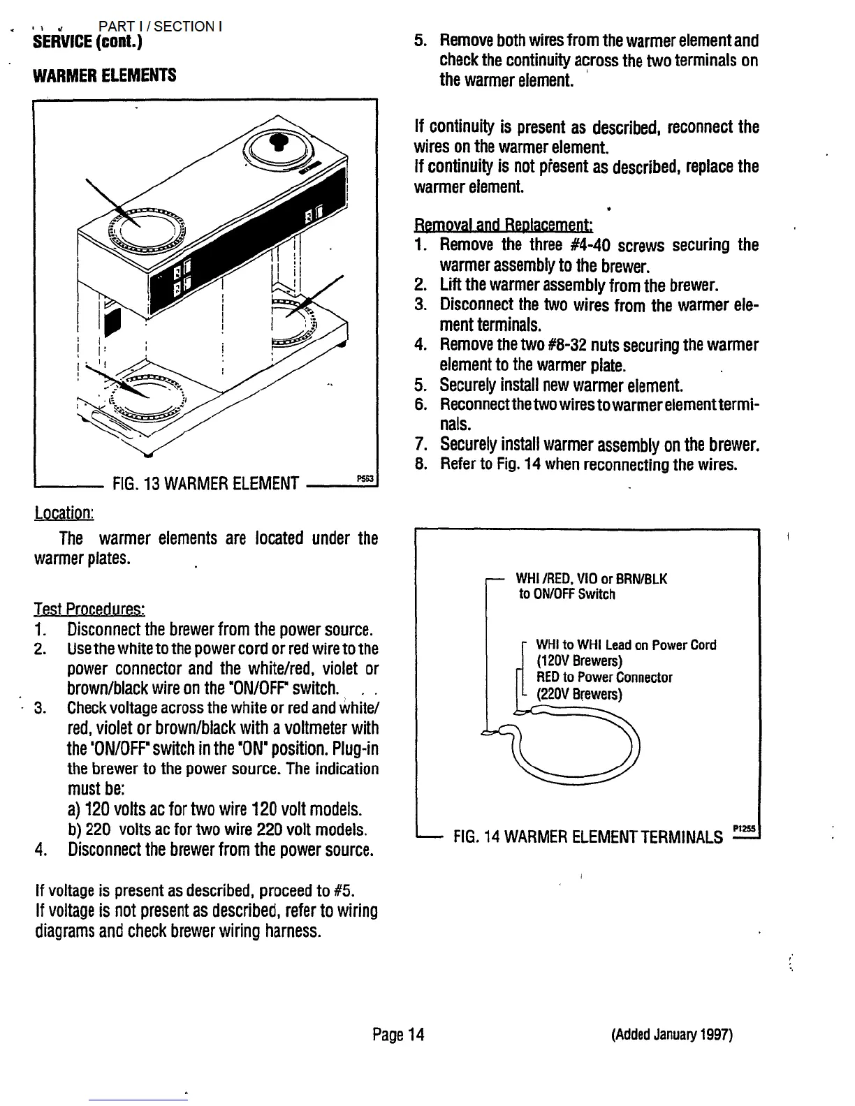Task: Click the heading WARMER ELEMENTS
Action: pyautogui.click(x=105, y=75)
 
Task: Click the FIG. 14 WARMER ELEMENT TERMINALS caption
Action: pyautogui.click(x=588, y=836)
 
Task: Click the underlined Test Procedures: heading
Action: pyautogui.click(x=89, y=609)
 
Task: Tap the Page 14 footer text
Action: pyautogui.click(x=398, y=1034)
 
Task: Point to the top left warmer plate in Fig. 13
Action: pyautogui.click(x=146, y=228)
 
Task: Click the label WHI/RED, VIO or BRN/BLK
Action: pyautogui.click(x=591, y=579)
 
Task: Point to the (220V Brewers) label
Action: pyautogui.click(x=578, y=694)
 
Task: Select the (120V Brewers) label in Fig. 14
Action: pyautogui.click(x=578, y=661)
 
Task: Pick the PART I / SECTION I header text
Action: pyautogui.click(x=160, y=27)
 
